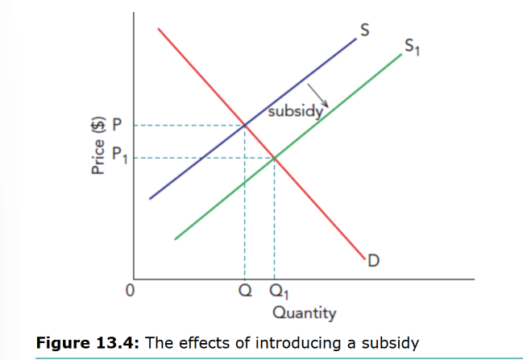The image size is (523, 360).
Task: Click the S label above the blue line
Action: [x=365, y=31]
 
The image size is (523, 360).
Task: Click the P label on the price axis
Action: [x=116, y=125]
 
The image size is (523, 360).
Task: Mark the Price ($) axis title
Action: [x=98, y=146]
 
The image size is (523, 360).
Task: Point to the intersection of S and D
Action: [x=245, y=125]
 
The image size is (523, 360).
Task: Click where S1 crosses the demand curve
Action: [x=275, y=157]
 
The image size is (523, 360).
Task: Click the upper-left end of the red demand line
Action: [x=159, y=29]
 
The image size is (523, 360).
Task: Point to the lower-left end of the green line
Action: [x=175, y=239]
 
